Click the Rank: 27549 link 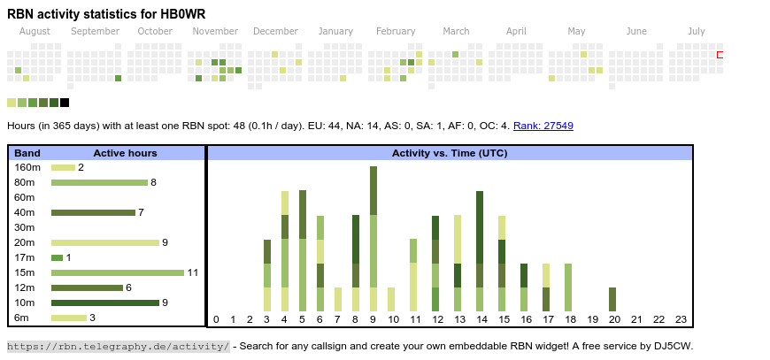click(543, 126)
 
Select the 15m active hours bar click(118, 272)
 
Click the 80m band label click(25, 182)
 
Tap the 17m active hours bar click(57, 257)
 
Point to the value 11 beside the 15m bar click(192, 272)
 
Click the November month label click(215, 32)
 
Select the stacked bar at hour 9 click(373, 239)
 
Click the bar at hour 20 click(612, 299)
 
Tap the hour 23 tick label click(681, 319)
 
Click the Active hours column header click(125, 153)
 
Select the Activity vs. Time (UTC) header click(450, 153)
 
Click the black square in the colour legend click(65, 103)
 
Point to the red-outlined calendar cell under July click(720, 55)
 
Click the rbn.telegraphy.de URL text click(118, 346)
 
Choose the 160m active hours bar click(63, 167)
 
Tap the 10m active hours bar click(104, 303)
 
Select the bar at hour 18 click(568, 287)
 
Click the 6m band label click(22, 318)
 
